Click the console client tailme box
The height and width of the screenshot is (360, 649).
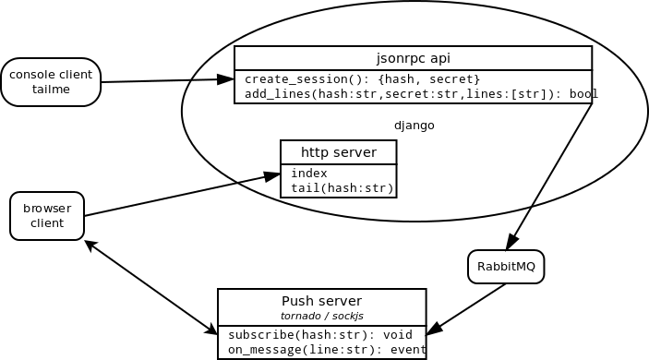click(51, 82)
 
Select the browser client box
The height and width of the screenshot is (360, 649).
click(47, 216)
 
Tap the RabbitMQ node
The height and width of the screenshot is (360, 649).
click(506, 267)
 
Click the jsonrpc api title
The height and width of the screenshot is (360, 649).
click(413, 58)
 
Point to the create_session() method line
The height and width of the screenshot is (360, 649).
click(362, 79)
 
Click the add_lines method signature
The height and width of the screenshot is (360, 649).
click(406, 94)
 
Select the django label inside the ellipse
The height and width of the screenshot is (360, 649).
click(414, 126)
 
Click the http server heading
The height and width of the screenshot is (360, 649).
click(338, 152)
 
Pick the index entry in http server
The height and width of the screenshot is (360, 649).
click(308, 174)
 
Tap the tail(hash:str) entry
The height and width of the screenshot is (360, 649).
click(342, 188)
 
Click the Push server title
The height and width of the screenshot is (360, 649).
click(321, 301)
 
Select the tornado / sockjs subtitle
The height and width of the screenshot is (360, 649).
click(321, 316)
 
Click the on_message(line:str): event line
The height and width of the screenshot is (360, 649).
click(327, 350)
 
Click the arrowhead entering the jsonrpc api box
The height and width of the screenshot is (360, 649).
click(225, 79)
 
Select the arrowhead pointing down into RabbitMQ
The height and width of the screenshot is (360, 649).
click(511, 243)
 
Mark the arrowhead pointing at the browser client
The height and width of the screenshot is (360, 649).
click(90, 245)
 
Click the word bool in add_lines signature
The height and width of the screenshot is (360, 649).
click(583, 94)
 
